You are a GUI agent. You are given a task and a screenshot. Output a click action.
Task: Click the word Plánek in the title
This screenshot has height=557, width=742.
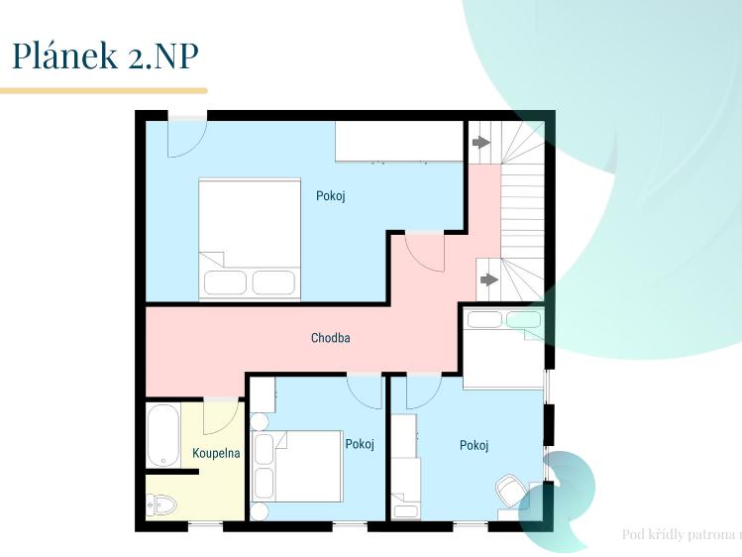pyautogui.click(x=65, y=56)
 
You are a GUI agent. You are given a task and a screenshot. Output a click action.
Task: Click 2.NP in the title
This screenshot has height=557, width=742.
pyautogui.click(x=163, y=56)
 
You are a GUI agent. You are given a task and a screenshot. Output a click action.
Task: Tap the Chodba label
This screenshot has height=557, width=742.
pyautogui.click(x=330, y=338)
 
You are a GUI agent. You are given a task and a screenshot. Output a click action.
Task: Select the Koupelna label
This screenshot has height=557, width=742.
pyautogui.click(x=216, y=453)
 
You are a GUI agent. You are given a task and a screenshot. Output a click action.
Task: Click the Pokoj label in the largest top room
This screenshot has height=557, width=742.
pyautogui.click(x=330, y=196)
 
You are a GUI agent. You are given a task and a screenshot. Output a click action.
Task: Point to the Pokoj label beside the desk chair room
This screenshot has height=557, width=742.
pyautogui.click(x=474, y=446)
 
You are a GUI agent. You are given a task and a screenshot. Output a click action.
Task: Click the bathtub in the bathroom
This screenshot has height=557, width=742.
pyautogui.click(x=163, y=436)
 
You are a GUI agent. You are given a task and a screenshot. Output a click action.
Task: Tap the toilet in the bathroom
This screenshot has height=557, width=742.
pyautogui.click(x=161, y=504)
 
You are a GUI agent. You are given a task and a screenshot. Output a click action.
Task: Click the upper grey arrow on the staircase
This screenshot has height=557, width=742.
pyautogui.click(x=480, y=143)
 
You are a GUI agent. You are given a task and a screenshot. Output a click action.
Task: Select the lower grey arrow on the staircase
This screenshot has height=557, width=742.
pyautogui.click(x=487, y=279)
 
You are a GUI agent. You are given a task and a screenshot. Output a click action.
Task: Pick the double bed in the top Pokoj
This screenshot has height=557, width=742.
pyautogui.click(x=250, y=238)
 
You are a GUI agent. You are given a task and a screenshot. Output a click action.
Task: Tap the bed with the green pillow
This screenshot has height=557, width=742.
pyautogui.click(x=504, y=349)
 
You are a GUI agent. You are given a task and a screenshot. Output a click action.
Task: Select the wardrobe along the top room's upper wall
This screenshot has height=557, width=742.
pyautogui.click(x=398, y=141)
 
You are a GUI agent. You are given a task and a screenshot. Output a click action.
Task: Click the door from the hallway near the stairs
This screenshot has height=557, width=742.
pyautogui.click(x=428, y=252)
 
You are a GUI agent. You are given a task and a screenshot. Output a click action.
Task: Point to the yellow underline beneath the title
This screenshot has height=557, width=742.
pyautogui.click(x=103, y=90)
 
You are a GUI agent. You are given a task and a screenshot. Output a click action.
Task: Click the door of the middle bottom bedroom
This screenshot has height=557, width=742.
pyautogui.click(x=365, y=390)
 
